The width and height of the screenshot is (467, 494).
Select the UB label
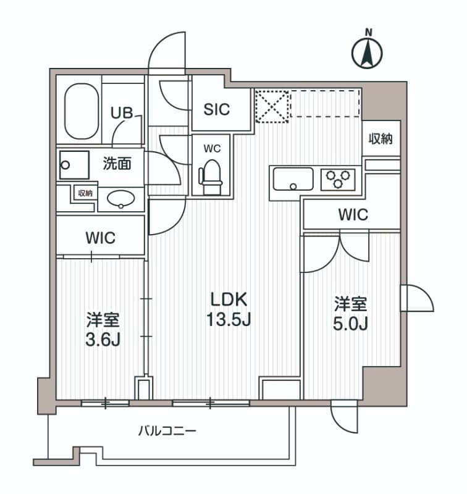pos(121,113)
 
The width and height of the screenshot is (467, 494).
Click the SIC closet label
pos(217,109)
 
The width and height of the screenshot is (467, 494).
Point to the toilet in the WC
pos(211,172)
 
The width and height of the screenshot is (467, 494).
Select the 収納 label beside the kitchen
pos(381,139)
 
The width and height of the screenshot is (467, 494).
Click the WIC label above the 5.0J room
pos(353,215)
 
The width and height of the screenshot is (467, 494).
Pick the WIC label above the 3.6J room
pos(101,238)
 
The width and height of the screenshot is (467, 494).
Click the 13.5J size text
pos(229,320)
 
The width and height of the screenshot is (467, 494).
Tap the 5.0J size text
pos(350,323)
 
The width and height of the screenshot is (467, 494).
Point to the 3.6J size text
pos(103,339)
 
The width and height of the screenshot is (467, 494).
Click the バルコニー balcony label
pos(167,430)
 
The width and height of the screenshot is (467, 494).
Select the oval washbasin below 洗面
pos(121,198)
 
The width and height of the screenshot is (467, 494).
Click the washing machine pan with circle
pos(74,165)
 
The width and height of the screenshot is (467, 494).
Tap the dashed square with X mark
pos(272,105)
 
